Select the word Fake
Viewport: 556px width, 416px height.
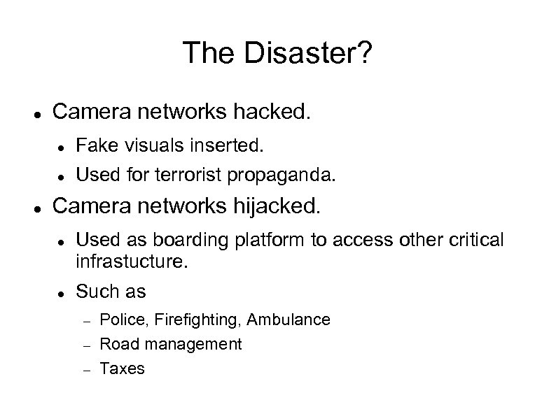92,147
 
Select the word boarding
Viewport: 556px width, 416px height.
158,241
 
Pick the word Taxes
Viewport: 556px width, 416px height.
122,368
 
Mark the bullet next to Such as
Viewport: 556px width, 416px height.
63,289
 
